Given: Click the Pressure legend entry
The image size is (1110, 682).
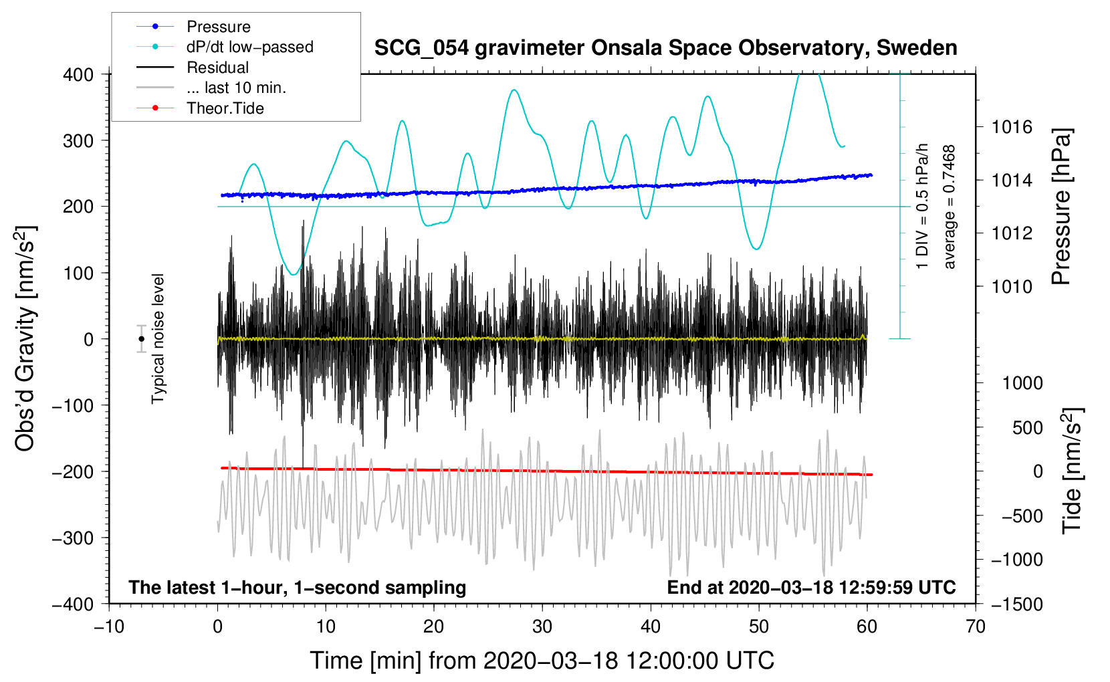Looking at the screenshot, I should [x=218, y=27].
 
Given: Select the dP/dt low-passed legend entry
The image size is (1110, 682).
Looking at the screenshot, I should [x=249, y=47].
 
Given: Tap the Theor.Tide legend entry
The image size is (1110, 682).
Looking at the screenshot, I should [x=225, y=108].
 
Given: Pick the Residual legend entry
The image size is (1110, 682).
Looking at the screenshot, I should [x=217, y=68].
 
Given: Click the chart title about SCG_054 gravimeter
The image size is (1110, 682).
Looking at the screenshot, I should [x=665, y=48].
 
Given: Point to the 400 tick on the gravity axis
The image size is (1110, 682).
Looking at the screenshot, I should [x=79, y=75].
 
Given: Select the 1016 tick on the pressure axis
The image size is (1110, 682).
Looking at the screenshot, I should [x=1012, y=127].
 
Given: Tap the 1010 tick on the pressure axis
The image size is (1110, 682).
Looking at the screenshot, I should [x=1012, y=287].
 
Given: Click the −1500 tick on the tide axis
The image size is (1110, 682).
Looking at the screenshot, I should [x=1017, y=604].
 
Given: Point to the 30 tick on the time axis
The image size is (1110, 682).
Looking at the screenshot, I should [x=542, y=627].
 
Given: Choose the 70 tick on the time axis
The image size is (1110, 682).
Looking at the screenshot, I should [x=976, y=627].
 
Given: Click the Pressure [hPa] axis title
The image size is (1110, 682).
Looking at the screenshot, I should [x=1062, y=207].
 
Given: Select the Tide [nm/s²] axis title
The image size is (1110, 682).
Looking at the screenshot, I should [x=1072, y=471].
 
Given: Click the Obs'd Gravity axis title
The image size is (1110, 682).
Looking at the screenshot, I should [x=25, y=339].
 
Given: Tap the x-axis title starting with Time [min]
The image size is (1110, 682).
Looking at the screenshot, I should [x=542, y=661].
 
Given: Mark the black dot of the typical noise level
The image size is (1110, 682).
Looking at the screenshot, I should [x=141, y=339].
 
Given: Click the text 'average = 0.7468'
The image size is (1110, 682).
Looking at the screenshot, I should [x=949, y=207].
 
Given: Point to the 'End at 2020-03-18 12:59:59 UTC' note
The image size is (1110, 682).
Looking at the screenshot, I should [x=811, y=588].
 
